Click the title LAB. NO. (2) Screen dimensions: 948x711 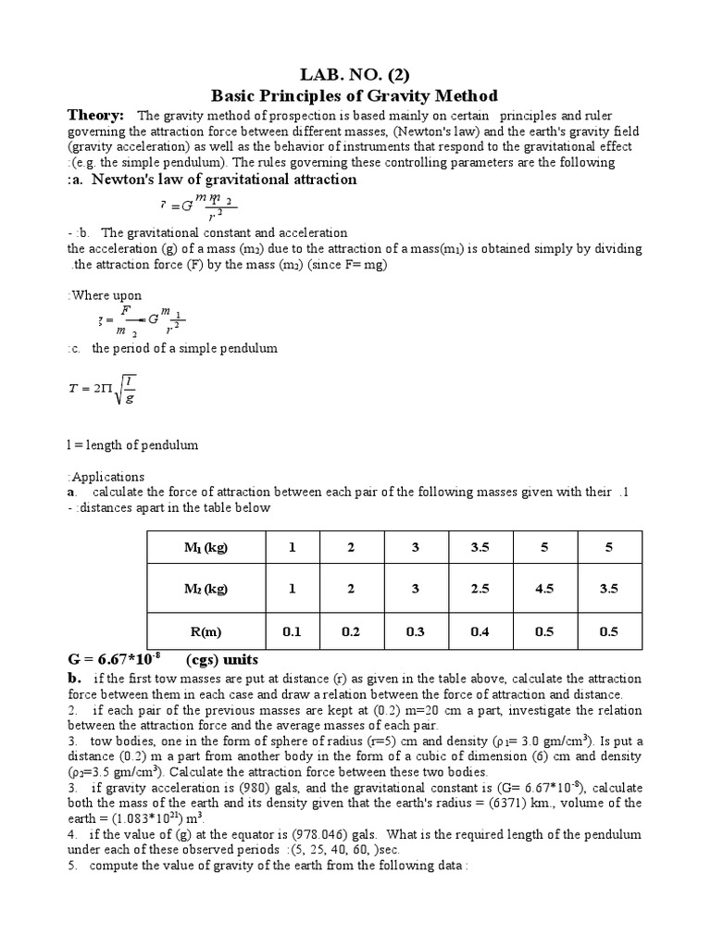point(355,72)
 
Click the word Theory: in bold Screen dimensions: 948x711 point(96,115)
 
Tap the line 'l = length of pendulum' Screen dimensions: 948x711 point(132,444)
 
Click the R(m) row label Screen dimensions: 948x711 point(205,632)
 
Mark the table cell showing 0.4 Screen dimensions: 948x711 point(480,632)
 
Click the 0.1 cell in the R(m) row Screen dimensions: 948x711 point(292,632)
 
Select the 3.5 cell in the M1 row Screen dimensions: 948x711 point(480,547)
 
